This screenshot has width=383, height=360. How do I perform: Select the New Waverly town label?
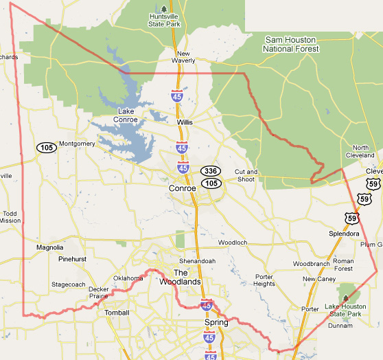click(x=183, y=57)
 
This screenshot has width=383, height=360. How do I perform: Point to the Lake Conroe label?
click(x=126, y=115)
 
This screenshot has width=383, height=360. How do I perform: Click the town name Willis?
click(x=185, y=122)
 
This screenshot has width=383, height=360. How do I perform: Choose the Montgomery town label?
click(x=77, y=144)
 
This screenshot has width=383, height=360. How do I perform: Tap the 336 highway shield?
click(x=210, y=170)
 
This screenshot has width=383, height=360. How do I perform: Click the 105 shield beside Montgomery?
click(x=47, y=148)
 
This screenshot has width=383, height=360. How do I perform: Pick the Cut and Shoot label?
click(x=246, y=176)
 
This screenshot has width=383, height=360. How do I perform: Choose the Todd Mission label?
click(x=10, y=217)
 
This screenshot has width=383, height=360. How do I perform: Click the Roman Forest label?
click(x=343, y=265)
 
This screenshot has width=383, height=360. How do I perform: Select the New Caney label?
click(x=318, y=279)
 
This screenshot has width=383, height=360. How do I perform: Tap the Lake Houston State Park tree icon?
click(x=345, y=298)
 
